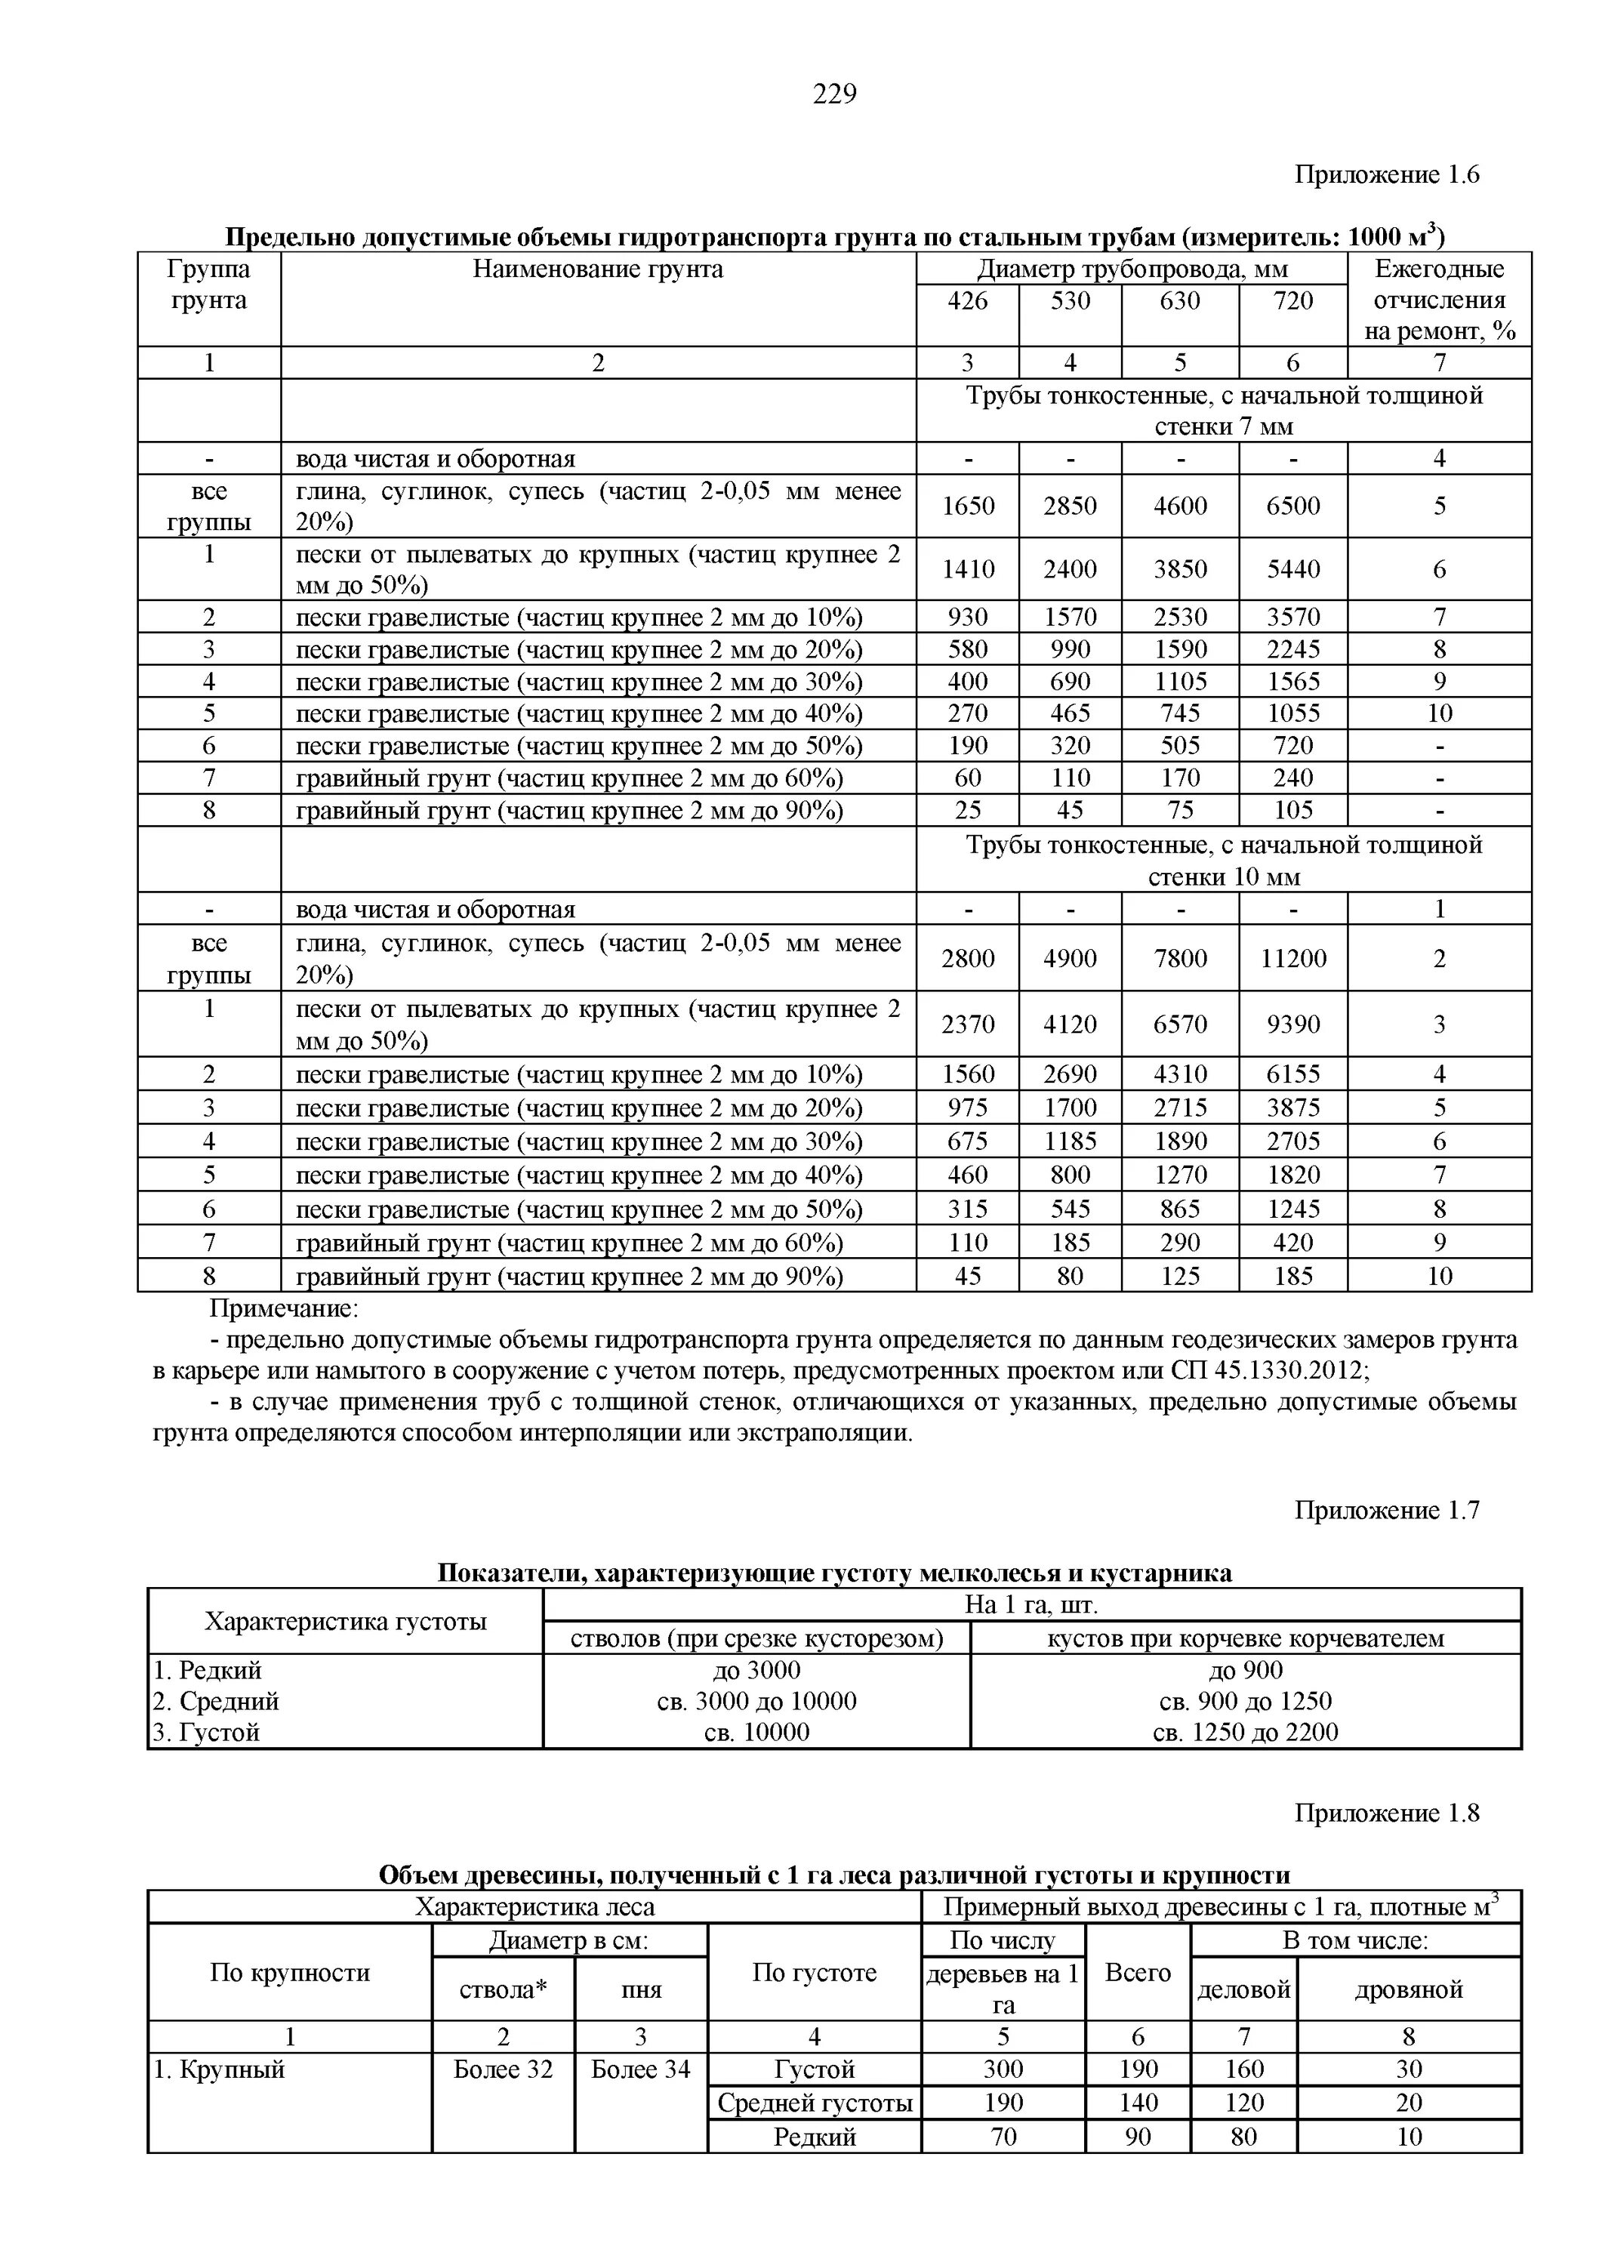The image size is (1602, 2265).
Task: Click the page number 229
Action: tap(834, 94)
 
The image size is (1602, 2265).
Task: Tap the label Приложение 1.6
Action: tap(1386, 174)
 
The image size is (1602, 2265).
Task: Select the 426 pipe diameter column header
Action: tap(967, 301)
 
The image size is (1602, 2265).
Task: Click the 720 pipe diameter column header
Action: tap(1292, 301)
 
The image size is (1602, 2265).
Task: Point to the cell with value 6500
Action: tap(1292, 506)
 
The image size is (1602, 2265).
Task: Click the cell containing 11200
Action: tap(1292, 958)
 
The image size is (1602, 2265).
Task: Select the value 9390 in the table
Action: tap(1292, 1024)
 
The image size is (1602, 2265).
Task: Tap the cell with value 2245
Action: tap(1292, 649)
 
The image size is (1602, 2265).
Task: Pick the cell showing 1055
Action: tap(1292, 713)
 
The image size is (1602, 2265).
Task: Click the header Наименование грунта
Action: tap(598, 270)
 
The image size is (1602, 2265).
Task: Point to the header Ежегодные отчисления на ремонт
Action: tap(1439, 300)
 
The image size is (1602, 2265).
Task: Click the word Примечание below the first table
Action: tap(284, 1309)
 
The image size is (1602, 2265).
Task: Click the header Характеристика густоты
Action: tap(345, 1621)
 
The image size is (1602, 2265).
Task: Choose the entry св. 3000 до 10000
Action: tap(756, 1701)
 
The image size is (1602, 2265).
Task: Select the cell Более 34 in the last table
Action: tap(640, 2069)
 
